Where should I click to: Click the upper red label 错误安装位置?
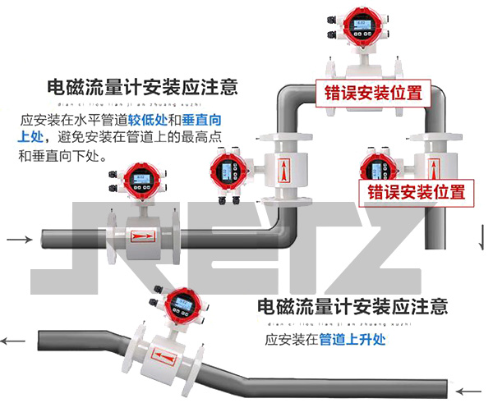tap(373, 92)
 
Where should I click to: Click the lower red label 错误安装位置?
tap(416, 192)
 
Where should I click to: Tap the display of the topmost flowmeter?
tap(360, 26)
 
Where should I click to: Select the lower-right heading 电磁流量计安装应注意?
tap(352, 307)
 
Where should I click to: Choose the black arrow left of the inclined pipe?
tap(12, 341)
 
